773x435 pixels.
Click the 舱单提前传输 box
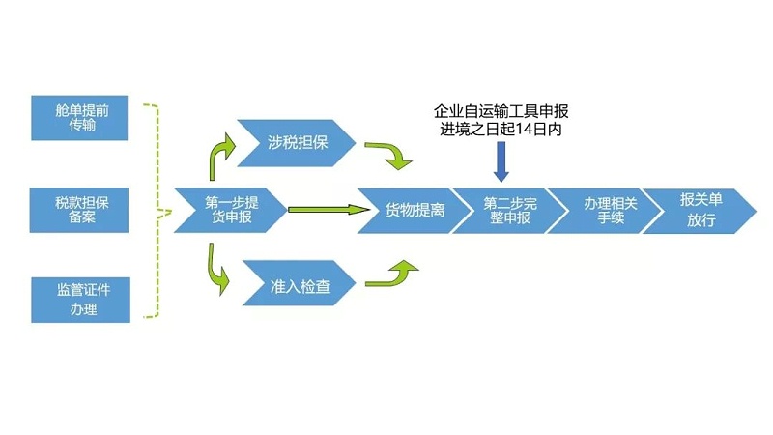[79, 117]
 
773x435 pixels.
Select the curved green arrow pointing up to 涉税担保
[220, 155]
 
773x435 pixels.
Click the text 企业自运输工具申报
[501, 111]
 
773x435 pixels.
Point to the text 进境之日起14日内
[501, 130]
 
